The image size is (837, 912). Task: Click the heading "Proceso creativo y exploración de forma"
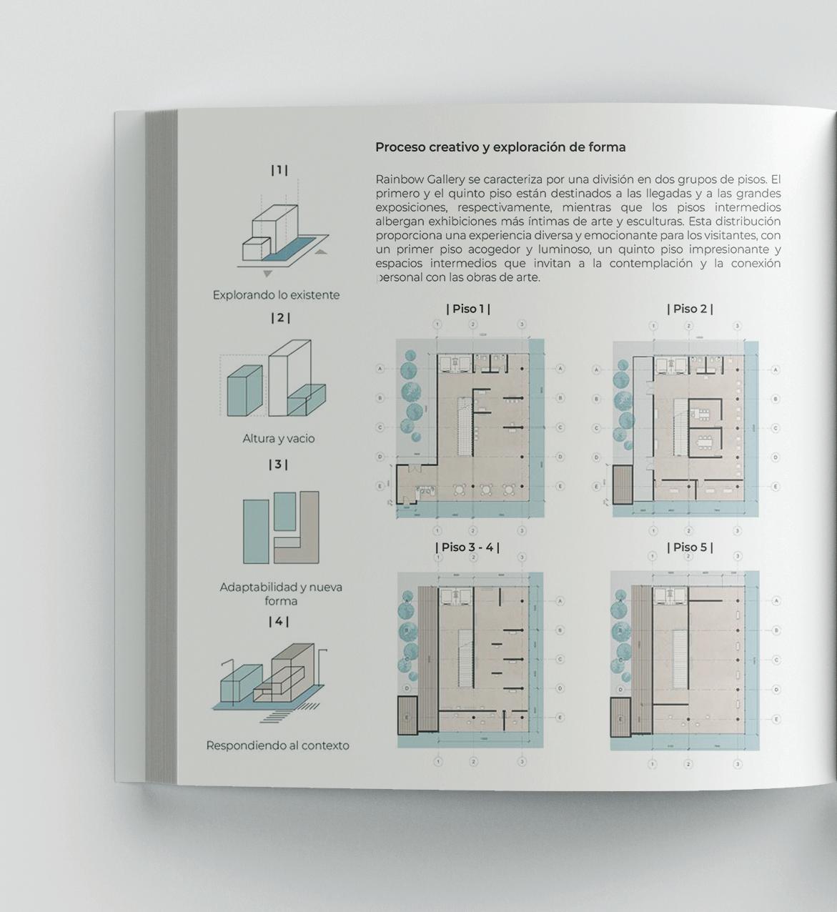pos(500,147)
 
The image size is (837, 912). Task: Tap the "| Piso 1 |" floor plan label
pos(468,309)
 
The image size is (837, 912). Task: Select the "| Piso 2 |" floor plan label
pos(690,309)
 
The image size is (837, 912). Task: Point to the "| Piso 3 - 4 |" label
pos(467,547)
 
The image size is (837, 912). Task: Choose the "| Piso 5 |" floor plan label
pos(690,547)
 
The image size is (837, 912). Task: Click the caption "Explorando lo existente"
pos(276,294)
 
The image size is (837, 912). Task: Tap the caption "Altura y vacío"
pos(278,438)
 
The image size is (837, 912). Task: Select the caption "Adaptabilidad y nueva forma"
pos(281,593)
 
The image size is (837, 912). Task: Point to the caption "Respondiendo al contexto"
pos(277,745)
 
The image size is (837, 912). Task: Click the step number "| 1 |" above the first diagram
pos(279,170)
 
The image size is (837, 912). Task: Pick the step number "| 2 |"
pos(279,317)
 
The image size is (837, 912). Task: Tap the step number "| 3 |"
pos(278,465)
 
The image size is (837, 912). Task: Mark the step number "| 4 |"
pos(279,622)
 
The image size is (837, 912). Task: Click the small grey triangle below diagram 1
pos(267,274)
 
